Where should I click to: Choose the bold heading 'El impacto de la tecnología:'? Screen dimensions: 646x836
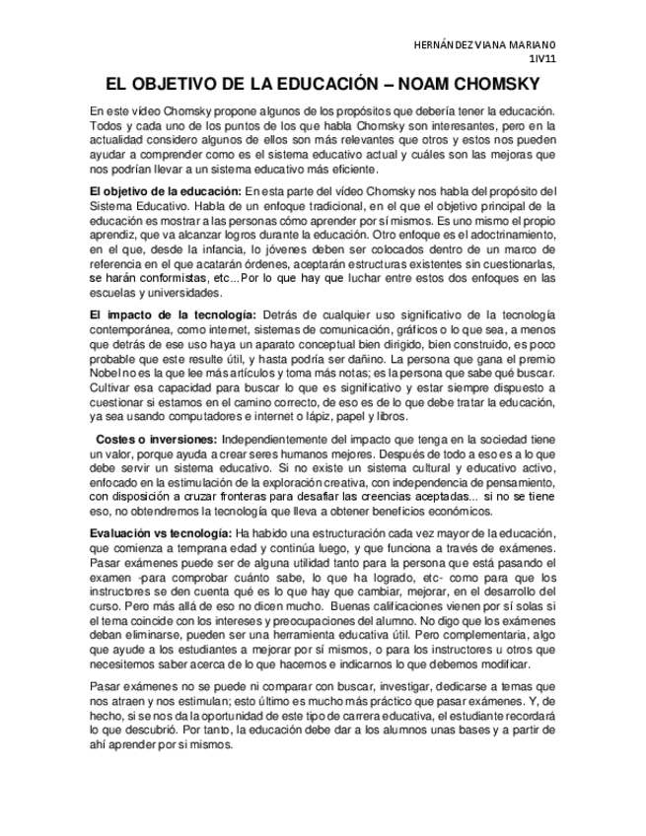[172, 313]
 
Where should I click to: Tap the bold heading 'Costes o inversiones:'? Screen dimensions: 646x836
[156, 438]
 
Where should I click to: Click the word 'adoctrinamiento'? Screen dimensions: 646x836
[512, 236]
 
